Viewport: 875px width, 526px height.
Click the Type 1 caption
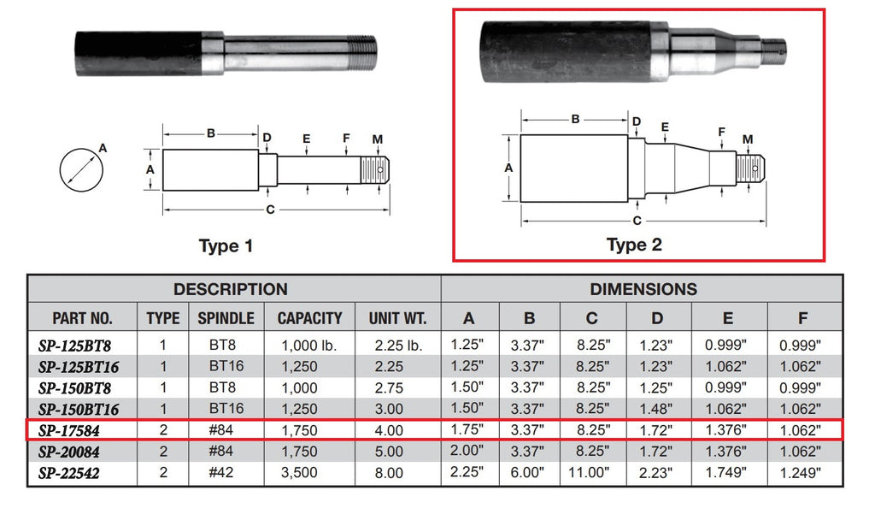point(226,246)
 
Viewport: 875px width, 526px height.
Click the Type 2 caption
point(634,245)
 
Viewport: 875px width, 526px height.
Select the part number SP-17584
point(76,429)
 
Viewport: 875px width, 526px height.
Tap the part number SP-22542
point(76,472)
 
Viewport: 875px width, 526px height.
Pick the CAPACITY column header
point(309,318)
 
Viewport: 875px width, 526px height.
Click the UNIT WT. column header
point(397,318)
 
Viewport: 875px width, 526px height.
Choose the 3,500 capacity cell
point(309,472)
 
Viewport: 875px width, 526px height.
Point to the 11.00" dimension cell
point(592,472)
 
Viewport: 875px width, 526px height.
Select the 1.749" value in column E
point(727,472)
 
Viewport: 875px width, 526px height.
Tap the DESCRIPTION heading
point(231,289)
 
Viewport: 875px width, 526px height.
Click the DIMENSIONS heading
point(643,289)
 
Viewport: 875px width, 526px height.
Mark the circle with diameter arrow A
point(82,168)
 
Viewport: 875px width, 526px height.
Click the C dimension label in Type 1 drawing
point(270,210)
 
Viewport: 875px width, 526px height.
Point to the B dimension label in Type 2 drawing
point(575,119)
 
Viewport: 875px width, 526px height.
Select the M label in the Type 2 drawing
point(748,139)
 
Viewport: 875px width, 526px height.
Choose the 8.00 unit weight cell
point(397,472)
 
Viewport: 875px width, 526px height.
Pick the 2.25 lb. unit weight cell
point(397,345)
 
